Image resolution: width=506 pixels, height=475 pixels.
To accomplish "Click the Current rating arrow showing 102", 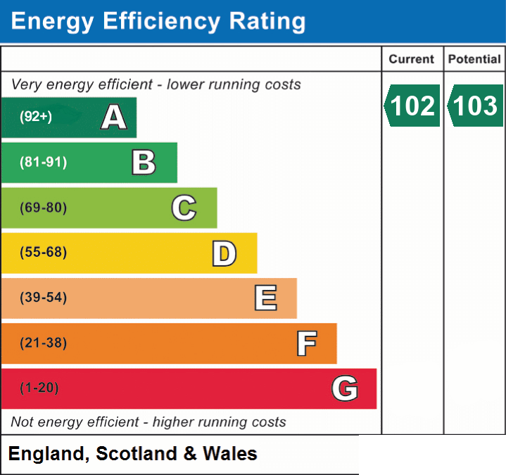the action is point(412,106).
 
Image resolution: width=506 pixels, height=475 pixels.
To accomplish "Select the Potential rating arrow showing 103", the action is point(475,106).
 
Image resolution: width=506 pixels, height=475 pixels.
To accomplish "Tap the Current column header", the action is point(412,59).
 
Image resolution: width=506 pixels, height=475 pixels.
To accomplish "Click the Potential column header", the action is point(474,59).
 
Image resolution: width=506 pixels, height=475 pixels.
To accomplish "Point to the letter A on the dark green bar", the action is point(113,117).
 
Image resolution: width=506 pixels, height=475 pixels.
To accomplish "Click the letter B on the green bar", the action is point(144,163).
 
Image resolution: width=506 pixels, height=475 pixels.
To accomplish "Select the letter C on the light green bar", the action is point(184,208).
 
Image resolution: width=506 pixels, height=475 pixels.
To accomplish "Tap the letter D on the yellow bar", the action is point(224,253).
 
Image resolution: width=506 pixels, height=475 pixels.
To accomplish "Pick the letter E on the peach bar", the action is point(265,298).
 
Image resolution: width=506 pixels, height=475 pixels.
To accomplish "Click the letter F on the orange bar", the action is point(307,343).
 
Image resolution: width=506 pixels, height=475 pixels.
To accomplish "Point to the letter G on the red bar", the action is point(345,388).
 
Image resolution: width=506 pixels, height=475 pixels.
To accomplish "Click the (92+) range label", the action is point(36,117).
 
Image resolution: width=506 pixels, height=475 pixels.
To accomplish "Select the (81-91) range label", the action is point(44,162).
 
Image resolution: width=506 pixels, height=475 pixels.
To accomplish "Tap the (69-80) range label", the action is point(44,208).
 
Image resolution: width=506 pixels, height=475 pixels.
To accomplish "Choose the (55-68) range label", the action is point(44,252).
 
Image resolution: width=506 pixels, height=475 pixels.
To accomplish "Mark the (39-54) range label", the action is point(44,297).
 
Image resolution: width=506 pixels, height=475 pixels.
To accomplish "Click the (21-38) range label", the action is point(44,343).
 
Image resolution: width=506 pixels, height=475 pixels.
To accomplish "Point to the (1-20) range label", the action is point(39,388).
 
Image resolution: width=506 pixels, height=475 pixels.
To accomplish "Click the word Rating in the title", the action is point(267,22).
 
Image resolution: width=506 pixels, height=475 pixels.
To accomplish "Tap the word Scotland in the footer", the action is point(137,453).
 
